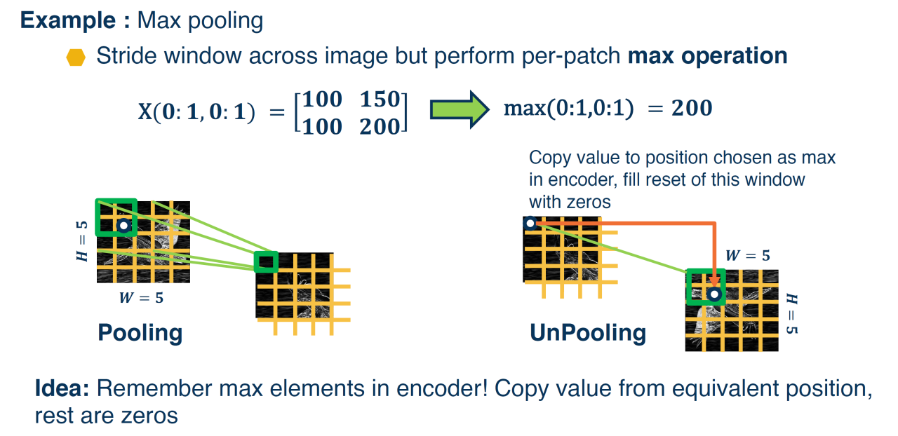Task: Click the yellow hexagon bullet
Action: (76, 57)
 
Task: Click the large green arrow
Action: (460, 109)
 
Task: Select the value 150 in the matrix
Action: (380, 99)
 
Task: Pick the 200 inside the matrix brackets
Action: (380, 127)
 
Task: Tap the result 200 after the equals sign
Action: (692, 108)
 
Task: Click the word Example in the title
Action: (68, 20)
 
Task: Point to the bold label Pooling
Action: (140, 333)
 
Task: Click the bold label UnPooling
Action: (588, 333)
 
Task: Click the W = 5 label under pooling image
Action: (141, 298)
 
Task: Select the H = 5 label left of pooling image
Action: (82, 241)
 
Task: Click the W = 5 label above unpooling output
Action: (748, 255)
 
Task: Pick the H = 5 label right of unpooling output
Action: (792, 314)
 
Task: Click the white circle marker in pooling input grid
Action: (124, 226)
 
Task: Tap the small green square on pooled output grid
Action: (266, 262)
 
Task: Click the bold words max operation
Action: (707, 55)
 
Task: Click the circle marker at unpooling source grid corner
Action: (530, 223)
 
